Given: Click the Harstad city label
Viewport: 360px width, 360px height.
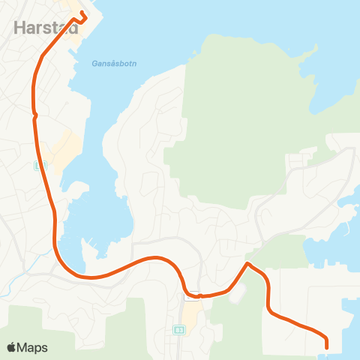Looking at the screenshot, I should point(46,28).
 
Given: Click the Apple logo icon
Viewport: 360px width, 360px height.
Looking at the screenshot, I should point(12,347).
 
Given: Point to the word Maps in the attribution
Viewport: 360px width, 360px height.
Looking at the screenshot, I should point(32,347).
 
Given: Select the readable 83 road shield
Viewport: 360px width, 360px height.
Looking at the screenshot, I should point(178,329).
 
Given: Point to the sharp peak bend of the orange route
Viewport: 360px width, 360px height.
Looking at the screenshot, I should point(247,264).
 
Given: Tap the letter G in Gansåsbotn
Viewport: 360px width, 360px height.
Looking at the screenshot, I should point(95,63).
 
